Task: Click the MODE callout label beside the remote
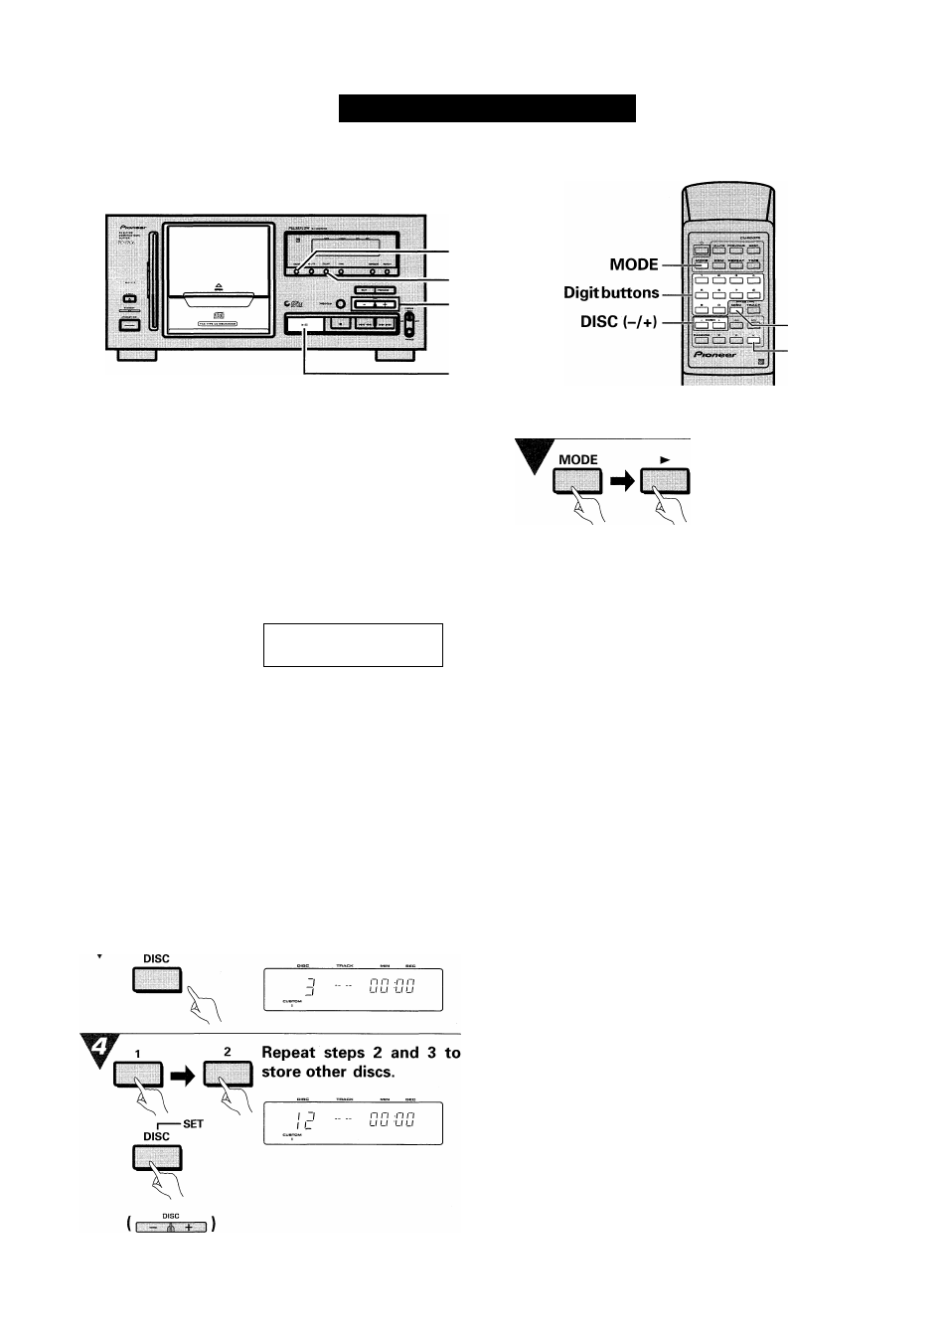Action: pos(634,264)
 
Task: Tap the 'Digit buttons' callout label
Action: pos(611,292)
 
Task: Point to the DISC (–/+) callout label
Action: pos(619,322)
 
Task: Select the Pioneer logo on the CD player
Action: pos(126,226)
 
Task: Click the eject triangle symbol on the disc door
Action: pos(221,287)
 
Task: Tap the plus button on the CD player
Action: pos(386,304)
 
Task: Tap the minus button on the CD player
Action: pos(363,304)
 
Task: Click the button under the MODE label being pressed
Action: pos(577,482)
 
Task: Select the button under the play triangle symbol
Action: pos(665,482)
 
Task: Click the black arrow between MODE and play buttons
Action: pos(622,482)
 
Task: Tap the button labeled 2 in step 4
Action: pos(228,1076)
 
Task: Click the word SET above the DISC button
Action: pos(193,1124)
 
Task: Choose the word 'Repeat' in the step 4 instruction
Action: pos(288,1053)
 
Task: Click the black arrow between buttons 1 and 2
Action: pos(184,1076)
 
